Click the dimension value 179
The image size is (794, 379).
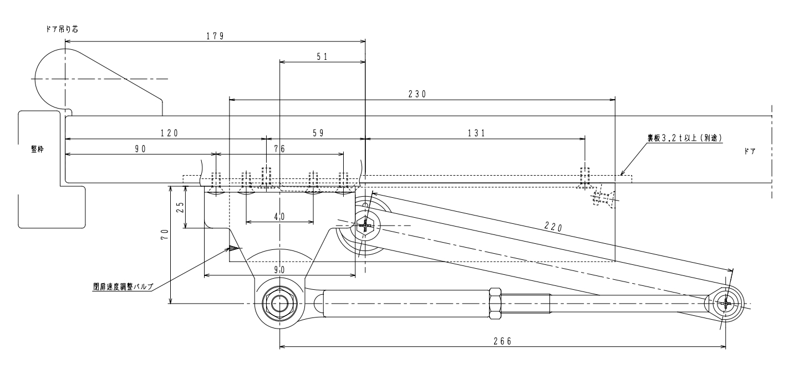point(215,36)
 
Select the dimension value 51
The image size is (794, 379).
point(322,57)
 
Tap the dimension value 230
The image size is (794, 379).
point(417,94)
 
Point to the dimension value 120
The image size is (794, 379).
point(170,133)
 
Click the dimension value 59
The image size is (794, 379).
point(318,133)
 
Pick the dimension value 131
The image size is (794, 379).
point(476,133)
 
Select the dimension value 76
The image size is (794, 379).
point(279,148)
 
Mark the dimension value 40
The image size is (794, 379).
point(279,217)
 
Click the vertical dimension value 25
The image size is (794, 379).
point(180,207)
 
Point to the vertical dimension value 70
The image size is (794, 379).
point(165,234)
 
